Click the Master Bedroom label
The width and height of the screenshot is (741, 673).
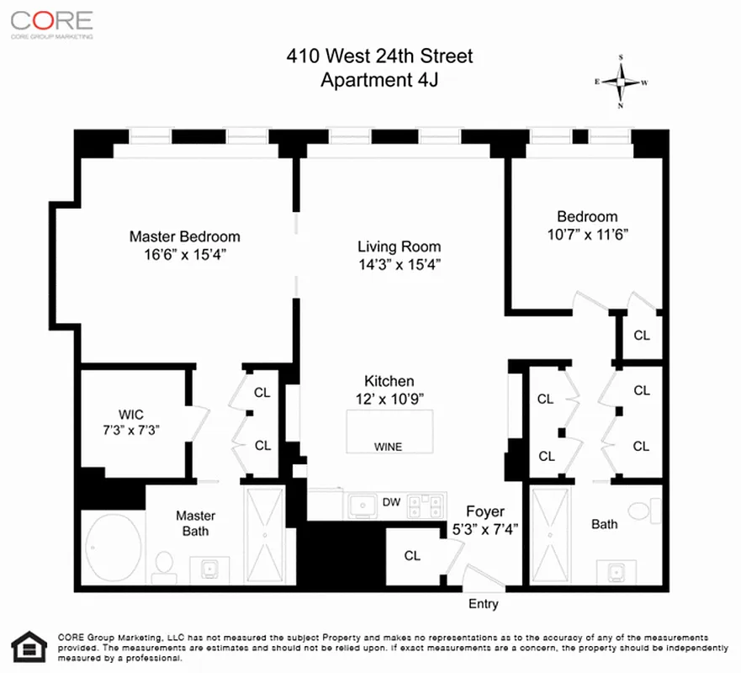click(184, 236)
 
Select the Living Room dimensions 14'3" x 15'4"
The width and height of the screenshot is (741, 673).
click(399, 264)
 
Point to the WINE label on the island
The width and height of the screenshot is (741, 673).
click(388, 447)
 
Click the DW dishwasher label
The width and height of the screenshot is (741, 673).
click(390, 502)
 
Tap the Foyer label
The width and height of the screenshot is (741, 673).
click(485, 511)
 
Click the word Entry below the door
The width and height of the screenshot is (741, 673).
click(483, 603)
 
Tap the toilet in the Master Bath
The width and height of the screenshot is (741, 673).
click(166, 561)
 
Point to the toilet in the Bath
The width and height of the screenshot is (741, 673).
click(648, 510)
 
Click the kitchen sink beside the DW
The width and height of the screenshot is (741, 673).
click(365, 505)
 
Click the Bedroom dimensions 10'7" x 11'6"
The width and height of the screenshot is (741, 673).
click(588, 233)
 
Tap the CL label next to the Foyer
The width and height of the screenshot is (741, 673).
click(412, 555)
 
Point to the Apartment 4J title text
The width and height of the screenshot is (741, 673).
click(378, 81)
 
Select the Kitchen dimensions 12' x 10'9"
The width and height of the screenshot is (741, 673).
click(389, 397)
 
